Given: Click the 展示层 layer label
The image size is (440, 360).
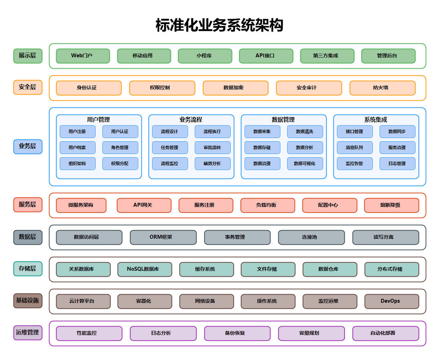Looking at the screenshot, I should [x=28, y=56].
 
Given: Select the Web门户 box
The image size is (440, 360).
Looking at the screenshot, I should [x=83, y=56].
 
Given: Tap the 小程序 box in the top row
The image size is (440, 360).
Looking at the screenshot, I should [x=205, y=56].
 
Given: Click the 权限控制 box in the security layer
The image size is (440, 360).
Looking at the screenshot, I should [x=162, y=88].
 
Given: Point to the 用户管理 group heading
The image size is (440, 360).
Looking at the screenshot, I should [x=98, y=120].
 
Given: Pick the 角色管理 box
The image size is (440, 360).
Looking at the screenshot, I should [x=120, y=148].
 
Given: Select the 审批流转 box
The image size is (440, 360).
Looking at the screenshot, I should [x=213, y=148].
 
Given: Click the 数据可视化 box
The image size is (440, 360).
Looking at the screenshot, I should [x=305, y=164].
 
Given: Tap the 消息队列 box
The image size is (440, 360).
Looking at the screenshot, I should [x=355, y=148].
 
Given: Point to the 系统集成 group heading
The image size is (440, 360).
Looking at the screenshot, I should [x=376, y=120].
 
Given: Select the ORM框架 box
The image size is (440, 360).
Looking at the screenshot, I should [x=163, y=237].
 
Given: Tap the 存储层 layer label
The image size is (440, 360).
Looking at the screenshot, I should [x=28, y=269].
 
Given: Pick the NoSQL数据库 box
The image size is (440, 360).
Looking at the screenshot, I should [x=144, y=269].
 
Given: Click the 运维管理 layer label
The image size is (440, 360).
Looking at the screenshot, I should [x=28, y=333].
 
